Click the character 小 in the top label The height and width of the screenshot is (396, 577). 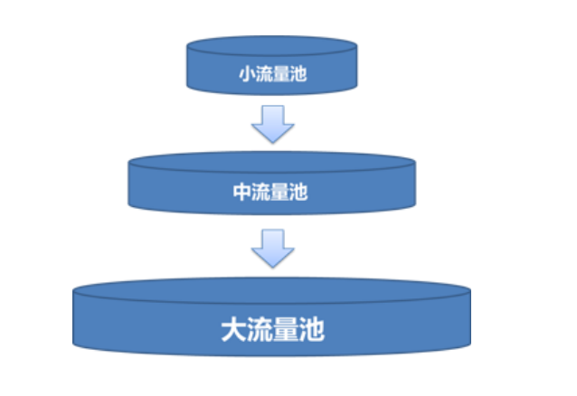[x=246, y=74]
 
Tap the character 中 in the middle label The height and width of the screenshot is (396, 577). [x=241, y=193]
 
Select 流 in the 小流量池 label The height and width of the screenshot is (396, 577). [x=264, y=74]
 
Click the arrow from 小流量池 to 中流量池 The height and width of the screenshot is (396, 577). [x=272, y=123]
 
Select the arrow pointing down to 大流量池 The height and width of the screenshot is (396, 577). [x=272, y=247]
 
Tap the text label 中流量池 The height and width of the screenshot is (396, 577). [x=270, y=193]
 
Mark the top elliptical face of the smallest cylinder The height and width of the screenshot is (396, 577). [x=272, y=45]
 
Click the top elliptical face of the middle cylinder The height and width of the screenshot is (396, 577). [x=272, y=164]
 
